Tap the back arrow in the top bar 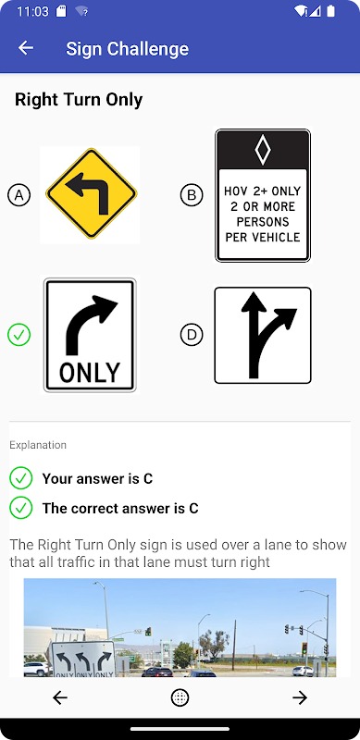tap(26, 48)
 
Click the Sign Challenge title tap(127, 49)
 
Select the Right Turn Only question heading tap(79, 100)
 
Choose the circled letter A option tap(19, 195)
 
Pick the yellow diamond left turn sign tap(92, 193)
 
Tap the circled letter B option tap(192, 195)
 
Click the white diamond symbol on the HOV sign tap(263, 150)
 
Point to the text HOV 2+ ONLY tap(262, 191)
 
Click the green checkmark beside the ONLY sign tap(19, 335)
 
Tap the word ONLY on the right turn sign tap(90, 373)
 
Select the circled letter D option tap(192, 335)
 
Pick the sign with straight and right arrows tap(263, 335)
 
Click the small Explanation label tap(38, 445)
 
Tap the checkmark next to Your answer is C tap(20, 478)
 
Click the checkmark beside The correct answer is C tap(20, 508)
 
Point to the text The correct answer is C tap(120, 508)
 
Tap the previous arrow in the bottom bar tap(60, 697)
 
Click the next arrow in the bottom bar tap(300, 697)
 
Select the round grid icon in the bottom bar tap(180, 697)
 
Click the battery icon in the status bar tap(331, 11)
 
